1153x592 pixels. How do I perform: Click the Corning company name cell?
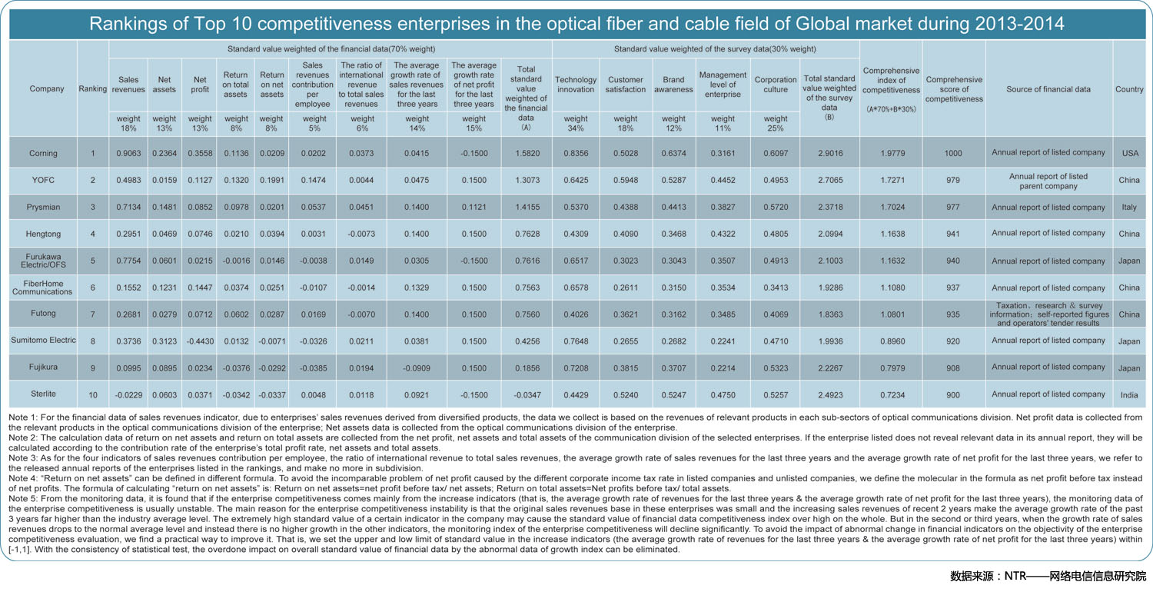43,154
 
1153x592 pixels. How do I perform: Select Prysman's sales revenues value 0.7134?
128,207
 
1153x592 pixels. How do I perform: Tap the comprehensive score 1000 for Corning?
953,154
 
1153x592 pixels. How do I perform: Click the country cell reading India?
1129,395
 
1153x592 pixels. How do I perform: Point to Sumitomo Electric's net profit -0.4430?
200,341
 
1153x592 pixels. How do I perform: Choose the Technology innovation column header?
576,85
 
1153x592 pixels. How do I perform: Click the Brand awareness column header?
673,85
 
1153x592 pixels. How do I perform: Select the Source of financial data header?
1048,89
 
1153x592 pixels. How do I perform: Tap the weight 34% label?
576,124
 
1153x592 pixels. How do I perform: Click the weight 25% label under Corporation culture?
775,124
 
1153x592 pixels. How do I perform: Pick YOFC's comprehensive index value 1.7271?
892,180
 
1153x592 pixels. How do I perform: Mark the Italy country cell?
1129,207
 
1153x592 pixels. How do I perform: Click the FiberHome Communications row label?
43,288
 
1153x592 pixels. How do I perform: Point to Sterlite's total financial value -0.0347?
527,395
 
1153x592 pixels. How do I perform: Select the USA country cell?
1130,154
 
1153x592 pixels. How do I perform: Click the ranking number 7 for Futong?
93,314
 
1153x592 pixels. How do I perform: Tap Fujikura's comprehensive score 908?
953,368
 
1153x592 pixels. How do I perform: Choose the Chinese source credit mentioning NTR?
1048,576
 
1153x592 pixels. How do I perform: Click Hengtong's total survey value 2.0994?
830,234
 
